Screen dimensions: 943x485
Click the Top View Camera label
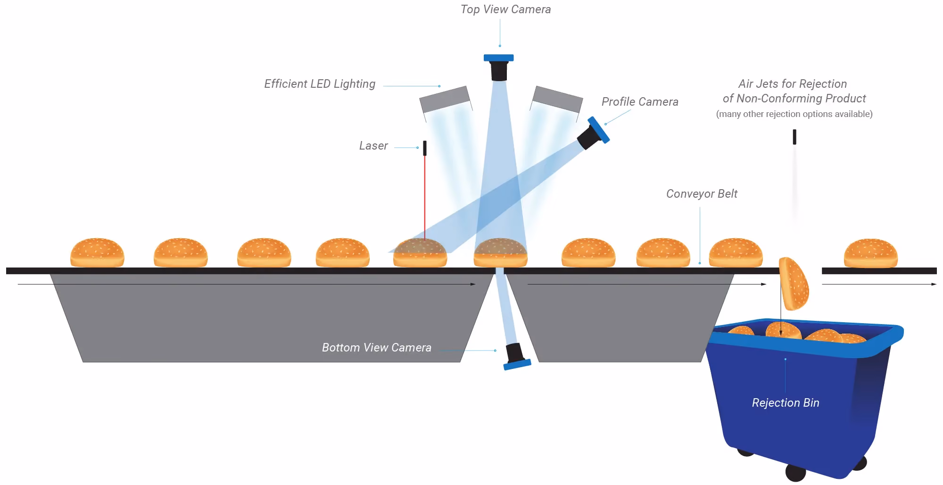pyautogui.click(x=505, y=9)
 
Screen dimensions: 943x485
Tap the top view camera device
pyautogui.click(x=499, y=67)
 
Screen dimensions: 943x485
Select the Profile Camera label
pyautogui.click(x=640, y=101)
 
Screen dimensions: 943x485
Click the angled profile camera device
pyautogui.click(x=593, y=133)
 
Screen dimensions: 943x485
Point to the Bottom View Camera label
pyautogui.click(x=376, y=348)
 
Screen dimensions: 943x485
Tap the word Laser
pyautogui.click(x=373, y=146)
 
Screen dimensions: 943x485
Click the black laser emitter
pyautogui.click(x=425, y=148)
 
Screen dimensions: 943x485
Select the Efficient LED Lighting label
pyautogui.click(x=320, y=84)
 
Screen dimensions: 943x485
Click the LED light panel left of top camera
pyautogui.click(x=445, y=99)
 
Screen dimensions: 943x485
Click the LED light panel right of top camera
pyautogui.click(x=557, y=99)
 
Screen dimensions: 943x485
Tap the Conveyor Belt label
pyautogui.click(x=702, y=194)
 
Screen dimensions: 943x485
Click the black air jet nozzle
pyautogui.click(x=794, y=137)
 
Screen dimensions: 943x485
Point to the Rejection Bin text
pyautogui.click(x=786, y=403)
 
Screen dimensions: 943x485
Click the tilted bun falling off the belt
pyautogui.click(x=794, y=283)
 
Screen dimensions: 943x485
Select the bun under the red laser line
pyautogui.click(x=420, y=252)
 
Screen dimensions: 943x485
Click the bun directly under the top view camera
pyautogui.click(x=500, y=252)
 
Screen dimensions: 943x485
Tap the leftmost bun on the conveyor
pyautogui.click(x=97, y=252)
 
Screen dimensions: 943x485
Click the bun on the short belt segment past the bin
pyautogui.click(x=870, y=253)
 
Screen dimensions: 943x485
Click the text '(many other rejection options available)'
pyautogui.click(x=794, y=114)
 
